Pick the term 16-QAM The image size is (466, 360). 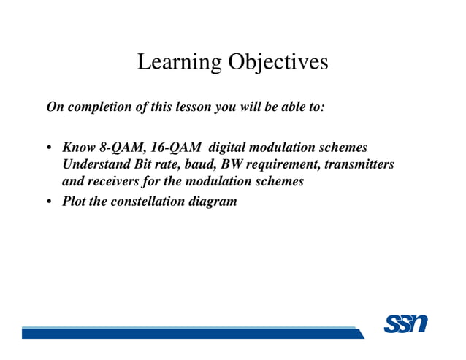175,148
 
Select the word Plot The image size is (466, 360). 75,201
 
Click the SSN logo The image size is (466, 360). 405,324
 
